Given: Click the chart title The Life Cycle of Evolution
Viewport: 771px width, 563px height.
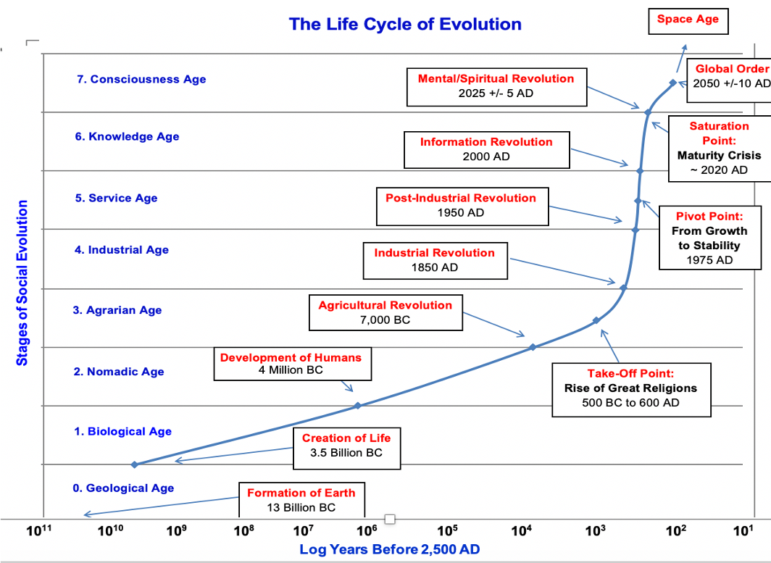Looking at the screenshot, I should click(x=405, y=24).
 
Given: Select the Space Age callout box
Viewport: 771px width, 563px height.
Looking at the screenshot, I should click(x=688, y=20).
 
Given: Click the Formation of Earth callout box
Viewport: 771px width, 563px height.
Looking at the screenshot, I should click(x=301, y=500).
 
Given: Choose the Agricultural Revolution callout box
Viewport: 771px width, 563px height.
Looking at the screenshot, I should click(x=385, y=312).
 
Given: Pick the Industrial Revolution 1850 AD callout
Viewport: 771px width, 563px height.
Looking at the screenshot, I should click(x=434, y=260).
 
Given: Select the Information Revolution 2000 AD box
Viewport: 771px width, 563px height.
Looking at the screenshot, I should click(x=486, y=149).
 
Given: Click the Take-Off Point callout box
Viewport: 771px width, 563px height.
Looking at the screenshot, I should click(x=630, y=388).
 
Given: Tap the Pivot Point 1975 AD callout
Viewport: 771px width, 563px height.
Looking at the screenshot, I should click(x=709, y=238).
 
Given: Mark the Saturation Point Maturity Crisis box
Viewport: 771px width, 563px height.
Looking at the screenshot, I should click(x=719, y=149).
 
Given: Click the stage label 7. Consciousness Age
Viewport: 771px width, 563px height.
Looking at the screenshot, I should click(x=141, y=80).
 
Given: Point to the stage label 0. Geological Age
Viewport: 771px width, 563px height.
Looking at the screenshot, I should click(x=123, y=488).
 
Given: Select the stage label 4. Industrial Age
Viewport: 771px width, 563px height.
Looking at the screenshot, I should click(x=122, y=250).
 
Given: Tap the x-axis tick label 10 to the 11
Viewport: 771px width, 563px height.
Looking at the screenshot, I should click(x=40, y=531).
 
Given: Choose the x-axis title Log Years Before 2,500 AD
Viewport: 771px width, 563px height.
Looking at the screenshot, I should click(x=390, y=550).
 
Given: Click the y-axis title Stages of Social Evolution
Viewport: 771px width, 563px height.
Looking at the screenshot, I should click(x=22, y=283).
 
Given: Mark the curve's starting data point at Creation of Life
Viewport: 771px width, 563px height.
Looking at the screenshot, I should click(x=134, y=464).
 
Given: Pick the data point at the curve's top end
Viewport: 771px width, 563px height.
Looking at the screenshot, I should click(x=673, y=83).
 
